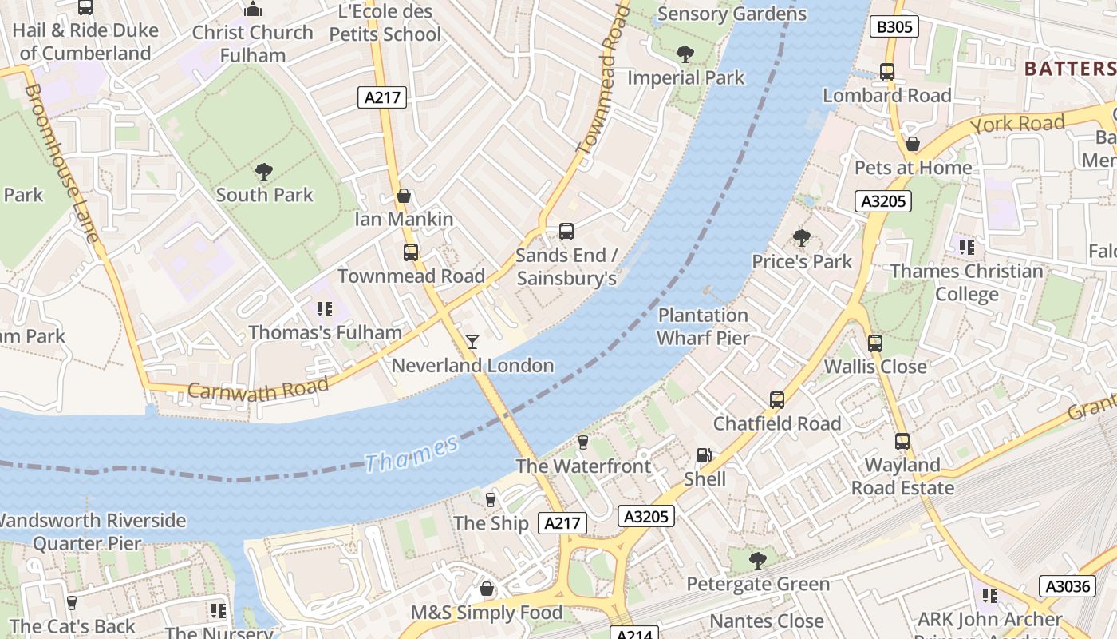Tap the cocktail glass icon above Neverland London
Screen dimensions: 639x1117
(x=472, y=342)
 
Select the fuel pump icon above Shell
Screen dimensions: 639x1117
(x=705, y=455)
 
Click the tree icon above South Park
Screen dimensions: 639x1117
(x=264, y=171)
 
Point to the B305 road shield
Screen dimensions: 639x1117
(x=894, y=27)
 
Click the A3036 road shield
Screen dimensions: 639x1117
(x=1067, y=586)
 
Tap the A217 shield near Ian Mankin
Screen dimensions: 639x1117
(x=383, y=97)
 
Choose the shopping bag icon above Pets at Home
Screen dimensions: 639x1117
(x=913, y=145)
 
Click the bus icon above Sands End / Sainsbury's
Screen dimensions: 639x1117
(x=566, y=232)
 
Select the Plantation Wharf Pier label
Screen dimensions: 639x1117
(x=703, y=327)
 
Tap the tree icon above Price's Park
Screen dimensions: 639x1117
(x=802, y=238)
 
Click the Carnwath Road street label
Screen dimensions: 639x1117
(x=258, y=388)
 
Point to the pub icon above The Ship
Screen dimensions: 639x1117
(x=491, y=500)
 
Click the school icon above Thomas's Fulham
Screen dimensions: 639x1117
(x=324, y=308)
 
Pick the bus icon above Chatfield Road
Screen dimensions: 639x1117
(x=777, y=400)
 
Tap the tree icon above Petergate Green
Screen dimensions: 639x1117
(x=758, y=561)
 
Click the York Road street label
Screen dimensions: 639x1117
(x=1019, y=124)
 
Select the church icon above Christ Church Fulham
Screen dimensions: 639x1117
(x=253, y=10)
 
